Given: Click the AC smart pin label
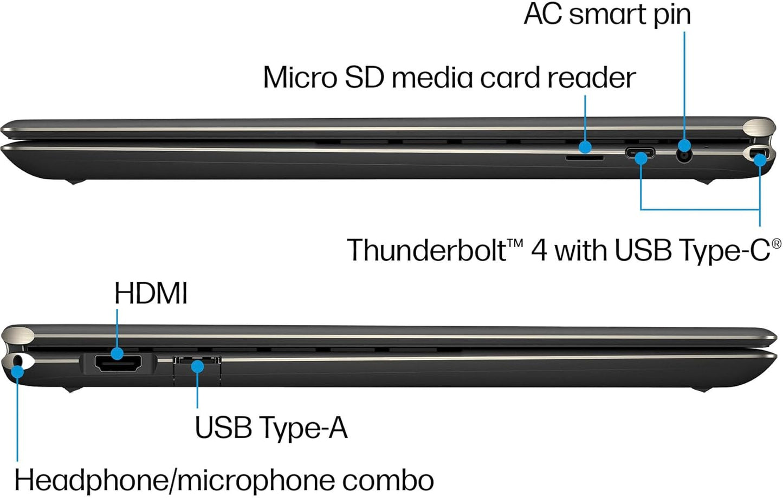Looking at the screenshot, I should coord(607,14).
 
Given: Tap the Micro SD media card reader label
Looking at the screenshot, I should coord(449,77).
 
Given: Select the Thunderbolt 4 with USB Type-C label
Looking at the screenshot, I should coord(564,250).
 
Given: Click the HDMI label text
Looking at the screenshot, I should coord(151,294).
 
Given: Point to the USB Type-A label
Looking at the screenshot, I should coord(270,427).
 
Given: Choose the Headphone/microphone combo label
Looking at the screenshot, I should coord(224,480).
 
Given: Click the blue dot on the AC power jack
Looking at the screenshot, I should coord(684,145).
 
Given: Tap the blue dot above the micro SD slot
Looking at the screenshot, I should coord(585,146).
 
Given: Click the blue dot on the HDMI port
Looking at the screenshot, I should coord(117,354).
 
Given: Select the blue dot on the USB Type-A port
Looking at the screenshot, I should coord(198,366).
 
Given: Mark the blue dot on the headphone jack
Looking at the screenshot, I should coord(17,372).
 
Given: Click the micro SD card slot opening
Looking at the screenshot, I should coord(584,158).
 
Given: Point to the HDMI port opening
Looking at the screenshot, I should coord(118,364).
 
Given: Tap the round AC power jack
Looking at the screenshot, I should coord(685,156).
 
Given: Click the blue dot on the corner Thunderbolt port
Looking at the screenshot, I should coord(760,159).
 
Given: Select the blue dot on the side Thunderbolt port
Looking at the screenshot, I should coord(641,158).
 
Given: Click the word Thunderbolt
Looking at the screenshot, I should coord(427,250).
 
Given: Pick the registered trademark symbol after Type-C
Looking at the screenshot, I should coord(776,243).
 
